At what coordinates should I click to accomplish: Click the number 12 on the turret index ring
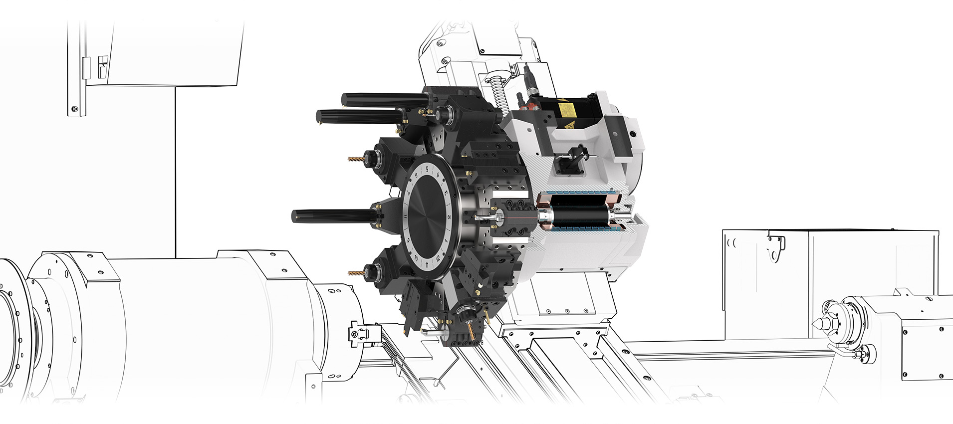pos(438,259)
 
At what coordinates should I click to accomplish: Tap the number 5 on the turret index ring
pos(427,169)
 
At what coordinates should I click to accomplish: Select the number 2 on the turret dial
pos(449,216)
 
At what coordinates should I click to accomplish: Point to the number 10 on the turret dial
pos(416,258)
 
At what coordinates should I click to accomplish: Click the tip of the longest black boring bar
pos(294,216)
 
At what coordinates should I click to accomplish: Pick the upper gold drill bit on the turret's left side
pos(356,160)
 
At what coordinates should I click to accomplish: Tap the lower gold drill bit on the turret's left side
pos(356,273)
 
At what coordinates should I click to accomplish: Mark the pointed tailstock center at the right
pos(818,322)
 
